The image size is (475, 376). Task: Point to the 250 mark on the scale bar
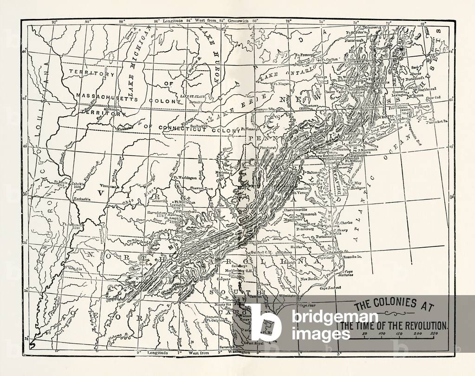click(434, 334)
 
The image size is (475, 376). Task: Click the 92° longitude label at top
click(54, 21)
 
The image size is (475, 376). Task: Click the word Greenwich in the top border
click(238, 21)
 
